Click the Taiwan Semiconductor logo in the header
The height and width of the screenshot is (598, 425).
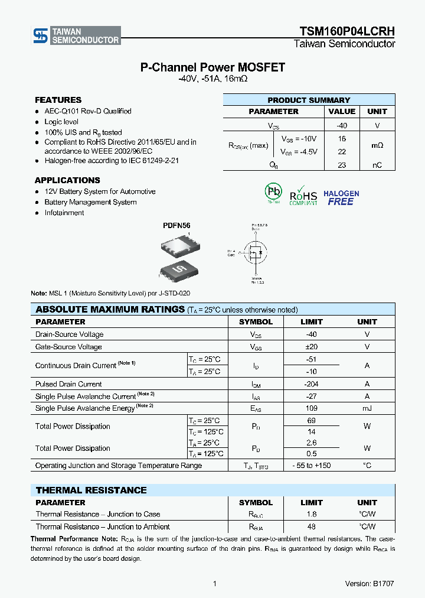tap(76, 35)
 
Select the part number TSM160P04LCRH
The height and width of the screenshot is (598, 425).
tap(347, 31)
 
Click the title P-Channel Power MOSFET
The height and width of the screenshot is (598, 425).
tap(212, 67)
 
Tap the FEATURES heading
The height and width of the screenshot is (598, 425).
tap(58, 100)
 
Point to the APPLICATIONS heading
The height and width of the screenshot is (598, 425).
tap(67, 180)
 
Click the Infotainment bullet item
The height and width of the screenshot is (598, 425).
tap(64, 213)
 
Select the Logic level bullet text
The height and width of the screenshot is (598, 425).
tap(61, 122)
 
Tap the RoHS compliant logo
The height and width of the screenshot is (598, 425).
tap(303, 195)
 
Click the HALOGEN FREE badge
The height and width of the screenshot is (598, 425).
tap(341, 198)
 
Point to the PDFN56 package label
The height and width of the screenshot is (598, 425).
tap(176, 226)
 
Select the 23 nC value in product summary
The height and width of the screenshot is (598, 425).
tap(342, 165)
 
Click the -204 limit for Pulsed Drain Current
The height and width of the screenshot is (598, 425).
tap(312, 384)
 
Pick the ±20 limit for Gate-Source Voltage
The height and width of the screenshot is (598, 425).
tap(312, 347)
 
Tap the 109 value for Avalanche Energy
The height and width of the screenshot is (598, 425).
tap(312, 408)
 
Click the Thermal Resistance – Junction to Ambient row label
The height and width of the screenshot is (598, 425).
tap(103, 526)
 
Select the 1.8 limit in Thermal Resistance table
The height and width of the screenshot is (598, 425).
tap(312, 514)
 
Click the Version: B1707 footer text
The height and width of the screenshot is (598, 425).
tap(370, 583)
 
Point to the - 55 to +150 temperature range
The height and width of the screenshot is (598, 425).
tap(312, 466)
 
